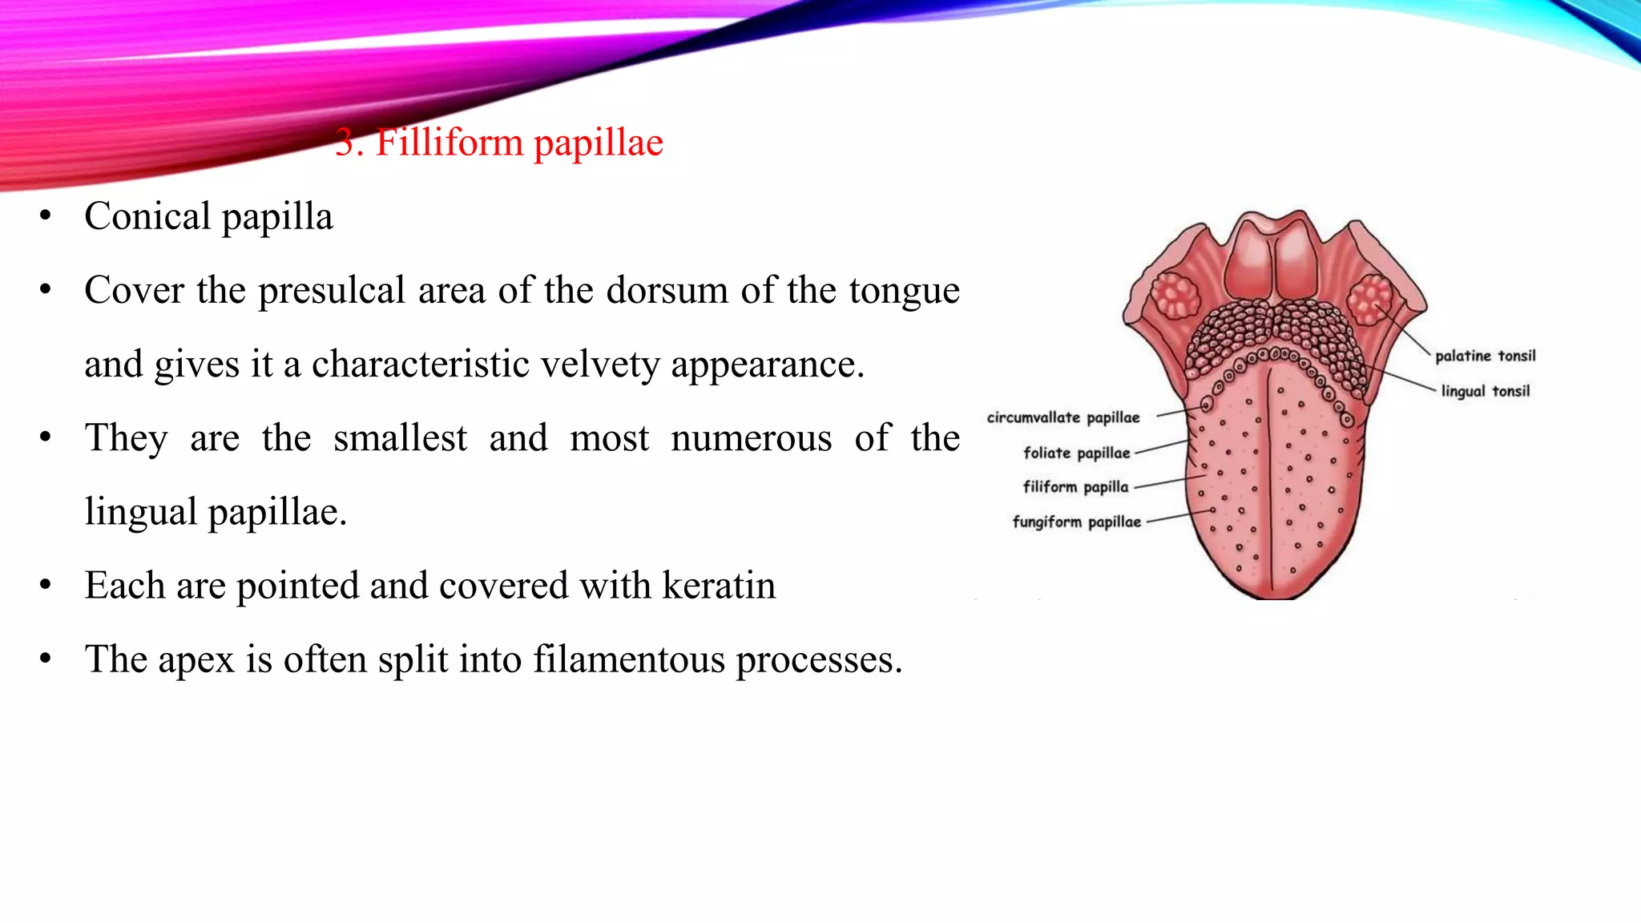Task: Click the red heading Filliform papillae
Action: click(x=499, y=143)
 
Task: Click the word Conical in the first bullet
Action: click(x=147, y=216)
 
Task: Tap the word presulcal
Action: click(x=331, y=291)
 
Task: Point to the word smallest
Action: click(x=400, y=438)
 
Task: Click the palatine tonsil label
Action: click(x=1485, y=356)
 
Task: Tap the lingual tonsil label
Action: click(x=1485, y=391)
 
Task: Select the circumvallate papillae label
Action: click(x=1062, y=417)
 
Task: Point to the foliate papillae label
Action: click(x=1076, y=453)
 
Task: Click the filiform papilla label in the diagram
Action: click(x=1075, y=487)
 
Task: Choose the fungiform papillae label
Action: click(x=1076, y=522)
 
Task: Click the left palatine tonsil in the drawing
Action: click(x=1175, y=296)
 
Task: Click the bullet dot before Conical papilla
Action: click(x=46, y=216)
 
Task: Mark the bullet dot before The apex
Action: click(x=46, y=659)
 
